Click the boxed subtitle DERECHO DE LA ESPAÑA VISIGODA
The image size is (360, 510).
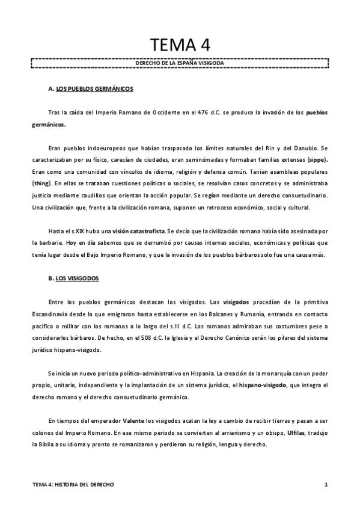point(180,62)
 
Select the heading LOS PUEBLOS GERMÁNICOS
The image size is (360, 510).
point(94,89)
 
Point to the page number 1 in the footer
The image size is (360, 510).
point(325,484)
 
